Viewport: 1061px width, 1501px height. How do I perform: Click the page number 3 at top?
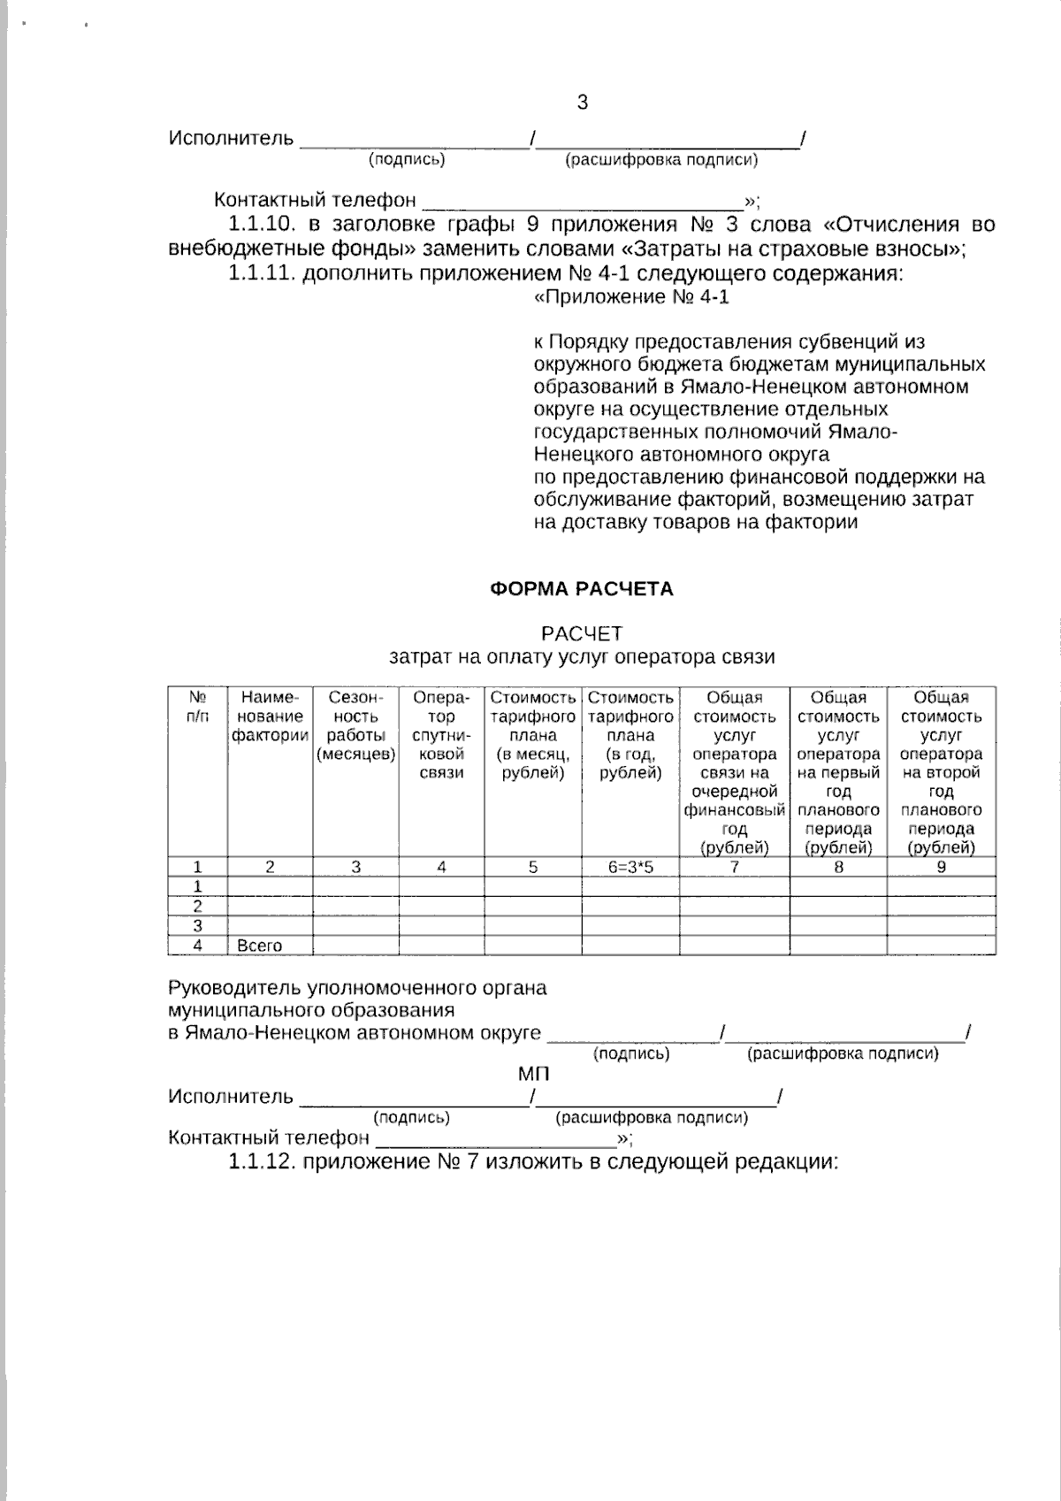coord(582,103)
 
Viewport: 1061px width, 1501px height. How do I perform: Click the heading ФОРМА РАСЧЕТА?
coord(582,589)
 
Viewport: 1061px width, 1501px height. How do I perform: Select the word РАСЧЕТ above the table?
coord(582,634)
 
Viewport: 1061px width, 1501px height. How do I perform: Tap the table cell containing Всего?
coord(260,946)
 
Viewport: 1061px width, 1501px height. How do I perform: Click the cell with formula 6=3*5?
coord(630,868)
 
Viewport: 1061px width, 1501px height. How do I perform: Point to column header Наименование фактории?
coord(271,716)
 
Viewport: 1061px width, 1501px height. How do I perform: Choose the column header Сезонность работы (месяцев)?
coord(355,726)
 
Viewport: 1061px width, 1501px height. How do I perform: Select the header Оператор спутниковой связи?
coord(441,735)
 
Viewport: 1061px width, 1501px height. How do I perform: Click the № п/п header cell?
coord(198,707)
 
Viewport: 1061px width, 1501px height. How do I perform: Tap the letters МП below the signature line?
coord(533,1075)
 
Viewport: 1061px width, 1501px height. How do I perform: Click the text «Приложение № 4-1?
coord(632,297)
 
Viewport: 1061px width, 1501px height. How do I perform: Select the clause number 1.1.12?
coord(261,1161)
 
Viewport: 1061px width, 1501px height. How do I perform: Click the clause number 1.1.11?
coord(261,273)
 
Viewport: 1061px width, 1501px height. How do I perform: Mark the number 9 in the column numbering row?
coord(941,868)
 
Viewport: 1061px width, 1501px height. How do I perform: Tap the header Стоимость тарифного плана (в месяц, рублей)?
coord(533,735)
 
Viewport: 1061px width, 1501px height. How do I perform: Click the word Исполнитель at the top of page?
coord(231,139)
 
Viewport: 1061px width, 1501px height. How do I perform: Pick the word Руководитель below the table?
coord(233,988)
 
